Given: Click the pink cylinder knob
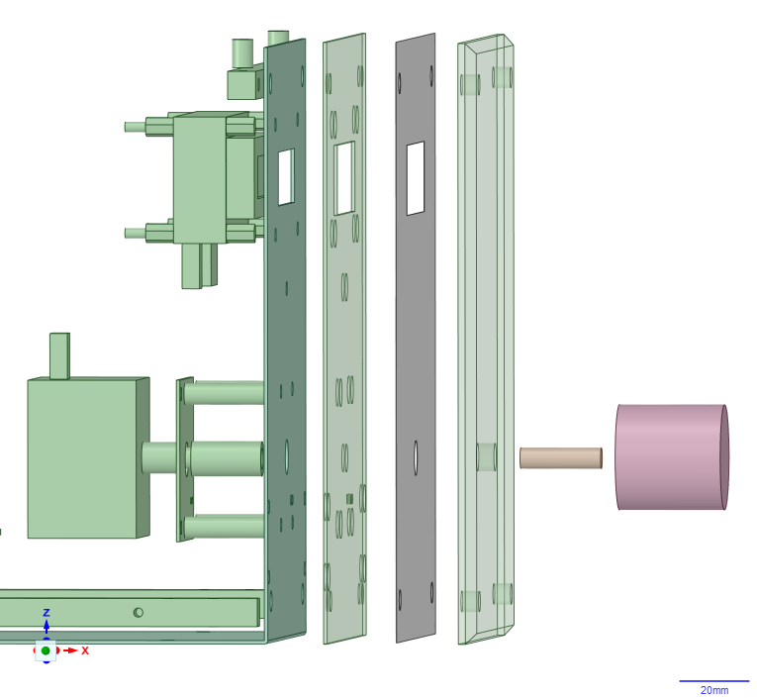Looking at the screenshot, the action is (x=672, y=457).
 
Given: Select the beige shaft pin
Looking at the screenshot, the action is (x=561, y=458).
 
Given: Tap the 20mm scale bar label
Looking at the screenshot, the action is (x=714, y=690).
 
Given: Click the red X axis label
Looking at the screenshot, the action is (x=85, y=650).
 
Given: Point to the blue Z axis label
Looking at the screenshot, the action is (x=47, y=613).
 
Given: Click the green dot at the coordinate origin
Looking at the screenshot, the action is (x=46, y=650).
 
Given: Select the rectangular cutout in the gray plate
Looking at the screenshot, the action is (x=416, y=178).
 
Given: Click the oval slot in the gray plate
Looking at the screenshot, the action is (x=416, y=457).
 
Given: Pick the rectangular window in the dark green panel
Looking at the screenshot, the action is (x=286, y=177).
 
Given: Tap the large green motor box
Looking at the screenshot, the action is (x=88, y=457).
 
